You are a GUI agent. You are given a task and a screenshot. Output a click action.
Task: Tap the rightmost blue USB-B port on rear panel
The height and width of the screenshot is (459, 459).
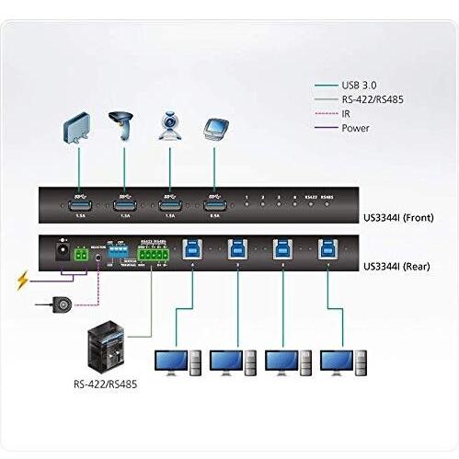[x=326, y=247]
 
